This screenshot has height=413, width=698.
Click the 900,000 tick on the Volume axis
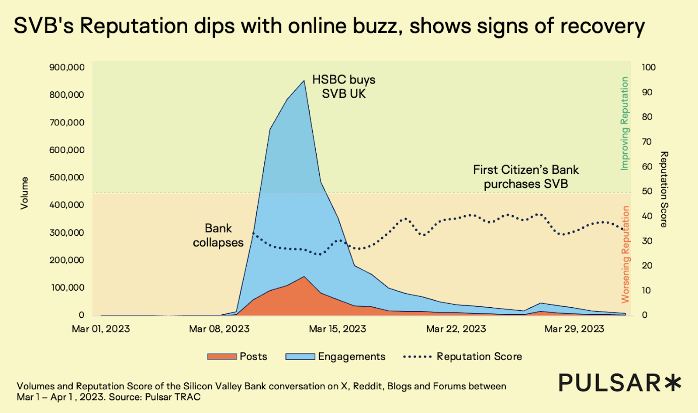(67, 67)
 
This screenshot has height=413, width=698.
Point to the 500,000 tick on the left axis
(67, 178)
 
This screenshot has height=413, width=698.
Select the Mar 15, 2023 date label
(337, 329)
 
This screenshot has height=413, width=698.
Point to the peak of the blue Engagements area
(304, 81)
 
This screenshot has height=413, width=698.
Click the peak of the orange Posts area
(304, 277)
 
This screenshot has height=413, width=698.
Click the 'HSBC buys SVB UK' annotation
(343, 87)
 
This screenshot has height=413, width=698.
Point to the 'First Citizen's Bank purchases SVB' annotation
(526, 177)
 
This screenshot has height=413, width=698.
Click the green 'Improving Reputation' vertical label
(625, 124)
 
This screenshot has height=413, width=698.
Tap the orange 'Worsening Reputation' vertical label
(625, 254)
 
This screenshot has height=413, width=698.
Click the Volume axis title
(24, 192)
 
